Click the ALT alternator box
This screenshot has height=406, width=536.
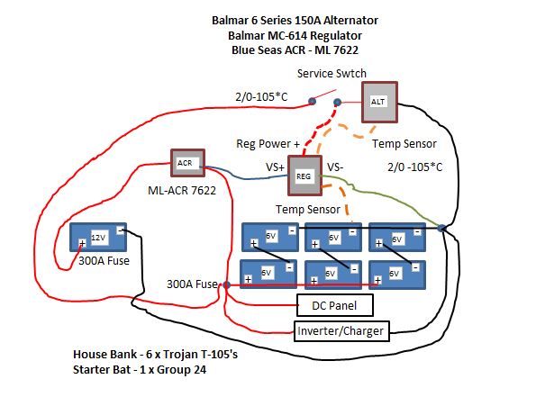(379, 102)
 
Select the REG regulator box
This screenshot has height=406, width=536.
(304, 176)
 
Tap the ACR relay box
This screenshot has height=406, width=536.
(187, 163)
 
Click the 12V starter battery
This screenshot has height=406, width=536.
(98, 238)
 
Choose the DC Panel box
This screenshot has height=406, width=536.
(334, 305)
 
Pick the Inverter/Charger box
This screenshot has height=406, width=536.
(341, 331)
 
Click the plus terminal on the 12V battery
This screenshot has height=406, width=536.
(82, 243)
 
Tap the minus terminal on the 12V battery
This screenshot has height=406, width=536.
(121, 230)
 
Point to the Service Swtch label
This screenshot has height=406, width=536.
(332, 74)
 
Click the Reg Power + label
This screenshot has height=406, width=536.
(268, 144)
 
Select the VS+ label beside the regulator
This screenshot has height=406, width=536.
(275, 167)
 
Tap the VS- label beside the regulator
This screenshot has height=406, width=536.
(335, 167)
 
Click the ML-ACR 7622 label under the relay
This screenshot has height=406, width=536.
(182, 190)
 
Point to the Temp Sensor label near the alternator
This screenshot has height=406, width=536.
(404, 144)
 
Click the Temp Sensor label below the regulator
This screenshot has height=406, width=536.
(308, 210)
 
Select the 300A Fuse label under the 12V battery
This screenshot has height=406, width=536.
(104, 261)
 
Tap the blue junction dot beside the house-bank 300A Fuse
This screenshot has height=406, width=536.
(226, 285)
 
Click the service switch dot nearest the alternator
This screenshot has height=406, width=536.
(338, 102)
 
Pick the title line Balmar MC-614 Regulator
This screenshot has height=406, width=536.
(295, 35)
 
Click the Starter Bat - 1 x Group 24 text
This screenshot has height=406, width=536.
(140, 370)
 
